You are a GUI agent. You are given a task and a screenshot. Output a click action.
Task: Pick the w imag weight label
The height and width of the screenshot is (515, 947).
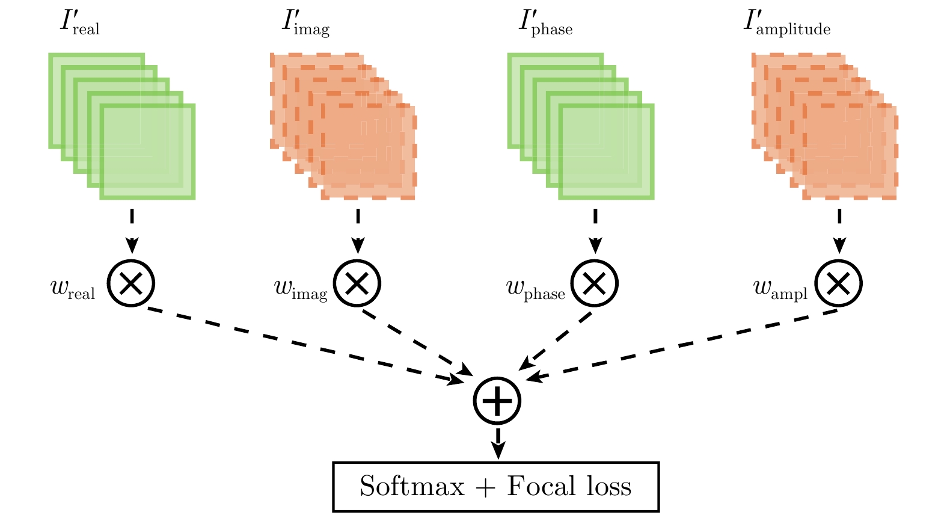[301, 289]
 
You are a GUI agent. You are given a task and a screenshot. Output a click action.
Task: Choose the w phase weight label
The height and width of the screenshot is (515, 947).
[536, 289]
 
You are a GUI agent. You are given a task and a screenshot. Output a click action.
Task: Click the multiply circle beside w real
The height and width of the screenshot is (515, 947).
[131, 283]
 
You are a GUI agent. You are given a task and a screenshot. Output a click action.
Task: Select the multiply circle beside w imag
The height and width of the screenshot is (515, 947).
[357, 283]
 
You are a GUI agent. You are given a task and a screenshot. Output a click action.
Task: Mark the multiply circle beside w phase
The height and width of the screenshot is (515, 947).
[594, 283]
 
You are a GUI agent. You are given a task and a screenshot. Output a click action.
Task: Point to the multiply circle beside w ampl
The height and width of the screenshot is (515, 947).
[838, 283]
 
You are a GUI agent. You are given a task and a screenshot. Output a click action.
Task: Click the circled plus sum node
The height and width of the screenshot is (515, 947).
[497, 401]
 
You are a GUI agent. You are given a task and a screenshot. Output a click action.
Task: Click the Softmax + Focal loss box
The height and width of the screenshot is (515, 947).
[496, 487]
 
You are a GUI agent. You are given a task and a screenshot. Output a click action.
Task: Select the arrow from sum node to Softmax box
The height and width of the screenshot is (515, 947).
[498, 443]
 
